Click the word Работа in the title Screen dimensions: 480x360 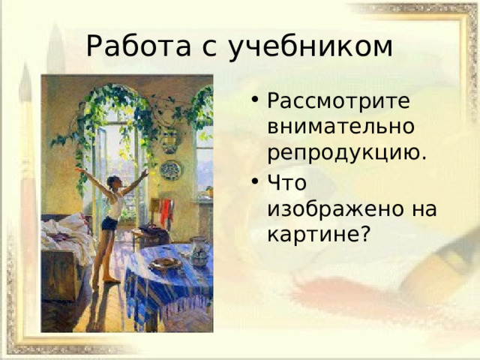(x=139, y=46)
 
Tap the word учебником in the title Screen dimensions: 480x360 (x=310, y=47)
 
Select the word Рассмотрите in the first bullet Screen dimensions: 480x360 (x=338, y=100)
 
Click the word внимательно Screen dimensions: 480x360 (x=340, y=127)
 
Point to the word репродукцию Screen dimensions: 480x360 (x=346, y=154)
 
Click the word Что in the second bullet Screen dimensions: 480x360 (x=286, y=182)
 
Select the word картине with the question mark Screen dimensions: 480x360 (x=319, y=235)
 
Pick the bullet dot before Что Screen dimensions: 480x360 (x=255, y=181)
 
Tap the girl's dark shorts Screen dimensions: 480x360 (x=109, y=223)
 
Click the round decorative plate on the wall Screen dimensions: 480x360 (x=170, y=170)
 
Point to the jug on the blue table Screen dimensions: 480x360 (x=199, y=251)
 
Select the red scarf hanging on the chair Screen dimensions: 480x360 (x=166, y=211)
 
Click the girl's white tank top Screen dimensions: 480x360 (x=115, y=205)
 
